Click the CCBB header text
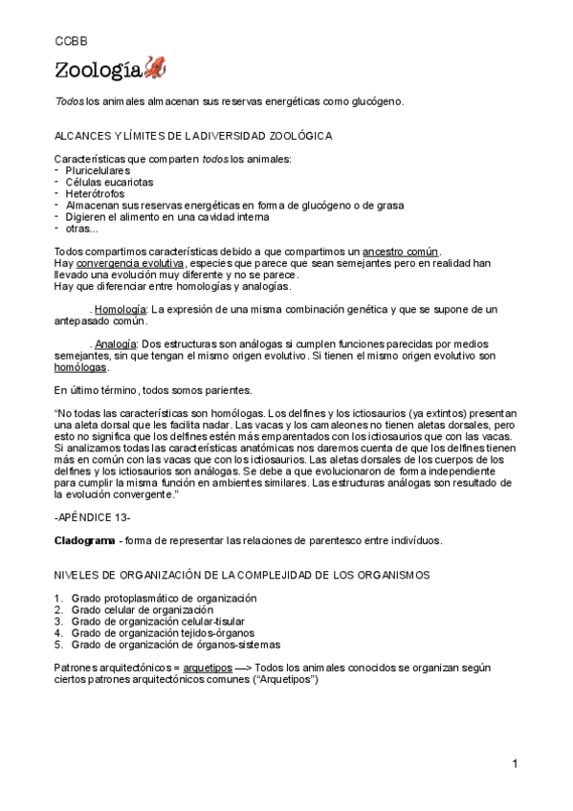pos(69,42)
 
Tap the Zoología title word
pos(98,69)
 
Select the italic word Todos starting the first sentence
pos(69,101)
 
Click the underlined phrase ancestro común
pos(401,251)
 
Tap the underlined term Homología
pos(121,309)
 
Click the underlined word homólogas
pos(81,366)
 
